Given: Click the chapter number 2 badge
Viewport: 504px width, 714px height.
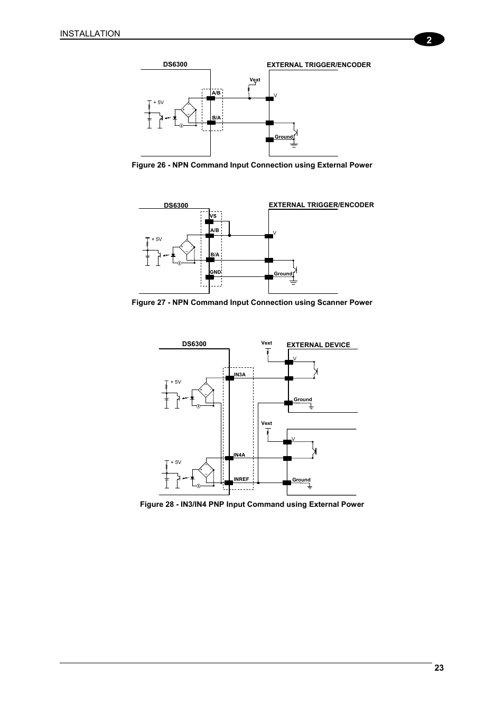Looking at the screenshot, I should pyautogui.click(x=429, y=40).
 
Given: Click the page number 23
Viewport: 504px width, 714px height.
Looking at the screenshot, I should pyautogui.click(x=439, y=668).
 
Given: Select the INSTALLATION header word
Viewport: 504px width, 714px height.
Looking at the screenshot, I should pyautogui.click(x=90, y=34).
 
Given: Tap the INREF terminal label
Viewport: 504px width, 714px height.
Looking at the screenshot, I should pyautogui.click(x=241, y=479).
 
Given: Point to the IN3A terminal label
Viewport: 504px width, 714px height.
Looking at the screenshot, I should pyautogui.click(x=239, y=375).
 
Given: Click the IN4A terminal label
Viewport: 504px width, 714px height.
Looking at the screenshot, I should pyautogui.click(x=239, y=455).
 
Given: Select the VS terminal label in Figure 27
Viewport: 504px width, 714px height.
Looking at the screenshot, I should pyautogui.click(x=213, y=216).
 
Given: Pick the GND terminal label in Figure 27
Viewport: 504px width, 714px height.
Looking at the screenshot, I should pyautogui.click(x=215, y=272).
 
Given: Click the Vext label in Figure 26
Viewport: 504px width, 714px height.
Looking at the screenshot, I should pyautogui.click(x=255, y=80).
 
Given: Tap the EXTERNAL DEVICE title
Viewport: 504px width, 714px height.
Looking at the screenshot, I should pyautogui.click(x=318, y=345).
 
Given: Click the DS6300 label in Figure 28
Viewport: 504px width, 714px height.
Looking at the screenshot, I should pyautogui.click(x=194, y=344).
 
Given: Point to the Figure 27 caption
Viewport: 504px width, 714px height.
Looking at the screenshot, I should pyautogui.click(x=251, y=303).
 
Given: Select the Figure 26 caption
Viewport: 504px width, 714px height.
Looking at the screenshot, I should pyautogui.click(x=251, y=165).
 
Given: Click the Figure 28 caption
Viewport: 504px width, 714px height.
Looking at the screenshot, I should pyautogui.click(x=251, y=505).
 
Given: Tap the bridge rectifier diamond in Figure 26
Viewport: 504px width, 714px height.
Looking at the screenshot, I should pyautogui.click(x=188, y=111).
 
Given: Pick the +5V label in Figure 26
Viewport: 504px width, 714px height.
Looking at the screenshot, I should pyautogui.click(x=158, y=103).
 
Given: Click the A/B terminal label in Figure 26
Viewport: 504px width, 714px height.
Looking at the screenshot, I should pyautogui.click(x=216, y=93).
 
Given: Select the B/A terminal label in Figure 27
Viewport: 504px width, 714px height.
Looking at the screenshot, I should pyautogui.click(x=214, y=255).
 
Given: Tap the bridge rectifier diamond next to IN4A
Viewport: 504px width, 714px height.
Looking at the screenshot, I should pyautogui.click(x=206, y=469).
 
